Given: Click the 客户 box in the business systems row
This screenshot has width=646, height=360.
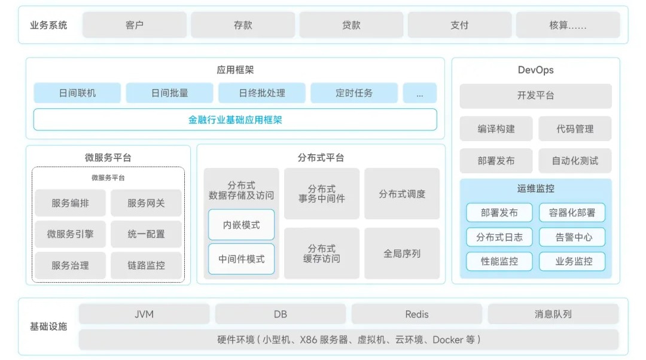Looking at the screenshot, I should tap(135, 25).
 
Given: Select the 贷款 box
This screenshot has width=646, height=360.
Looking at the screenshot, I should tap(351, 25).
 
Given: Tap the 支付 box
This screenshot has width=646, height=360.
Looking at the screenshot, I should tap(459, 25).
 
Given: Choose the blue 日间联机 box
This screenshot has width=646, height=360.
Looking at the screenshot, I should tap(77, 93).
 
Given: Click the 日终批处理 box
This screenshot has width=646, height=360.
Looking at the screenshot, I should tap(262, 93).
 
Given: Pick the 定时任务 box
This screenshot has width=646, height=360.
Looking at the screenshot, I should tap(354, 93).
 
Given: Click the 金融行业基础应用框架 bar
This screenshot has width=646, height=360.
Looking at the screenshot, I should tap(235, 120).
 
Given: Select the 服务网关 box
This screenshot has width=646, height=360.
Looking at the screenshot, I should tap(146, 203).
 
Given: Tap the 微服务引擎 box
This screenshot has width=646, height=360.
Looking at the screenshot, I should tap(71, 234).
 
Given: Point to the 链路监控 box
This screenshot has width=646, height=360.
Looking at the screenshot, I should tap(146, 265).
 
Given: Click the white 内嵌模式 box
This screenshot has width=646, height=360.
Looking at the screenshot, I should tap(242, 225).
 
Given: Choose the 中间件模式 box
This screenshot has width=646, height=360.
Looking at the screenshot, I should tap(242, 259).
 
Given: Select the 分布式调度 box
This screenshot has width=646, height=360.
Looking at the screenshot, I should tap(402, 194).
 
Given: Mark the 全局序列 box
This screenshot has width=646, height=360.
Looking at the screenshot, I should tap(402, 254).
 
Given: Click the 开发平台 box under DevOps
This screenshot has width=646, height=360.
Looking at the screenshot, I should tap(535, 96).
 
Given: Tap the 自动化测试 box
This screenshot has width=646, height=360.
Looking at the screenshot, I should tap(575, 160).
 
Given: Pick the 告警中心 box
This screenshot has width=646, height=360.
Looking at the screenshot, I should tap(574, 237).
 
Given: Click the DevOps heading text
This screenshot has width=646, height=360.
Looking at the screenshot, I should tap(535, 70).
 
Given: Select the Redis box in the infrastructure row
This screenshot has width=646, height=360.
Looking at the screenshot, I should tap(417, 314).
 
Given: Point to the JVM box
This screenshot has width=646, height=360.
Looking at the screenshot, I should tap(144, 314).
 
